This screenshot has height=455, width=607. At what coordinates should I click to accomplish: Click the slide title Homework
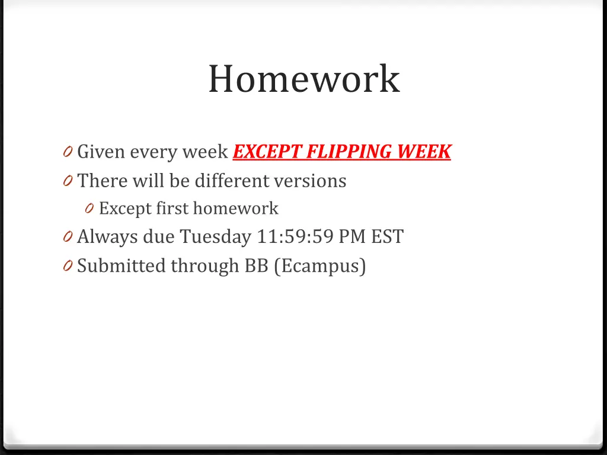(303, 79)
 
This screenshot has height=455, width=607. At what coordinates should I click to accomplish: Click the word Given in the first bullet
(101, 152)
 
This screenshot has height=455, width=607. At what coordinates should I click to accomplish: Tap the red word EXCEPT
(267, 152)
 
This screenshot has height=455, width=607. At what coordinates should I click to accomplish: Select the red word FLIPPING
(350, 152)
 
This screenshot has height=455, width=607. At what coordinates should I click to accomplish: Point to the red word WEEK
(424, 152)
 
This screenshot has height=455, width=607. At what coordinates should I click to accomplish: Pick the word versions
(314, 180)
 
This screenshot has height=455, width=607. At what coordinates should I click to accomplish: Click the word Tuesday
(216, 237)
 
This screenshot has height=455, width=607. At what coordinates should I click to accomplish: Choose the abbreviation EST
(387, 237)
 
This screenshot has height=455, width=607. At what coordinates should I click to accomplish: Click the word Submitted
(122, 266)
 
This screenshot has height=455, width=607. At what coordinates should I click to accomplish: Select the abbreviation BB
(257, 266)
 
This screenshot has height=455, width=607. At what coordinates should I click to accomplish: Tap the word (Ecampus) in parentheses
(320, 266)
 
